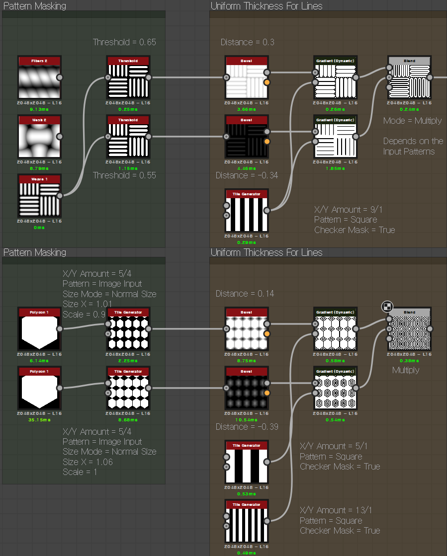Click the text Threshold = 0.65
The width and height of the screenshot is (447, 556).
(124, 42)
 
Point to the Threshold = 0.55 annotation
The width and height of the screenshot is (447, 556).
(124, 175)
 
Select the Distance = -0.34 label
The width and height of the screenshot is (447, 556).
(247, 175)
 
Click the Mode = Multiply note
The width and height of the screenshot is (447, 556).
(412, 121)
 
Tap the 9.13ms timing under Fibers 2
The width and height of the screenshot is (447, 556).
(39, 109)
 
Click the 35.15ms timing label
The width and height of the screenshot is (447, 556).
(39, 419)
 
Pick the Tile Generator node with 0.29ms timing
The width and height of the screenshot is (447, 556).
(247, 214)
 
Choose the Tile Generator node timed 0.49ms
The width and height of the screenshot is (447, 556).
(247, 525)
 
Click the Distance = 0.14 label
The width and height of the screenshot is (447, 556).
(245, 294)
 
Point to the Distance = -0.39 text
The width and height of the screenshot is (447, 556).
(247, 427)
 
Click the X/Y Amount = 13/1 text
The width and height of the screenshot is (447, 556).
(336, 510)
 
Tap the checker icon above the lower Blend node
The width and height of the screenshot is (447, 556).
(387, 307)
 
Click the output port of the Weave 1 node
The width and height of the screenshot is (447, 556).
(60, 196)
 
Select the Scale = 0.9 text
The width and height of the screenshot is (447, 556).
(84, 314)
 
